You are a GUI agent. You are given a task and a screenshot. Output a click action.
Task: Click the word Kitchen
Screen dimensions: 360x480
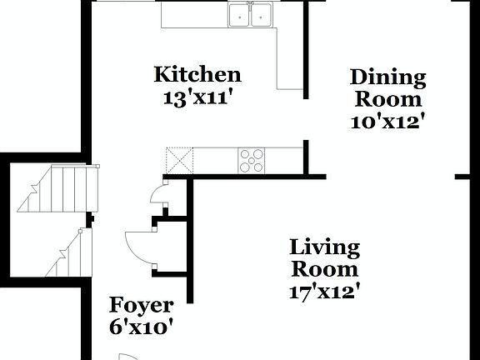tap(197, 75)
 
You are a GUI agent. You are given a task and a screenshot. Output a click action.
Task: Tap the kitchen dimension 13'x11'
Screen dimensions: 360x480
tap(197, 97)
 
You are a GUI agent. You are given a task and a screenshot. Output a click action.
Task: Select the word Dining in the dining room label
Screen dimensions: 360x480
tap(387, 78)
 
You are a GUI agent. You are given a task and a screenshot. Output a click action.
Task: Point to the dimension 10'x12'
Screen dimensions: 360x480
tap(387, 120)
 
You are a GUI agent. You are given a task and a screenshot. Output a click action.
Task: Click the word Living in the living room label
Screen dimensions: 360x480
tap(325, 247)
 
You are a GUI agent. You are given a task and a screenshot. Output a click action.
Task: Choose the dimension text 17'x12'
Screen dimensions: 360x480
tap(325, 291)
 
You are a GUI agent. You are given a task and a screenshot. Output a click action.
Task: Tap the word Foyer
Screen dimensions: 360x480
tap(142, 305)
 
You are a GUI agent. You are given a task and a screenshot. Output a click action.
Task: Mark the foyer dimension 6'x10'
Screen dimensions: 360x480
tap(142, 327)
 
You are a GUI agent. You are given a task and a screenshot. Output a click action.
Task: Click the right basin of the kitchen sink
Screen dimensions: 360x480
tap(262, 14)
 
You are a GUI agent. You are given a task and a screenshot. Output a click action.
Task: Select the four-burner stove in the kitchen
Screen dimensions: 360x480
tap(252, 159)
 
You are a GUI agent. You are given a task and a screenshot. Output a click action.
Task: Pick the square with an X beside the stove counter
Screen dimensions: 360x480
tap(178, 159)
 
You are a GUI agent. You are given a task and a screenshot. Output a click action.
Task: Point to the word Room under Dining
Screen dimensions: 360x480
tap(387, 99)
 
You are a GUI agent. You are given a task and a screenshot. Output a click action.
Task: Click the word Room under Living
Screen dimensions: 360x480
tap(325, 269)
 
